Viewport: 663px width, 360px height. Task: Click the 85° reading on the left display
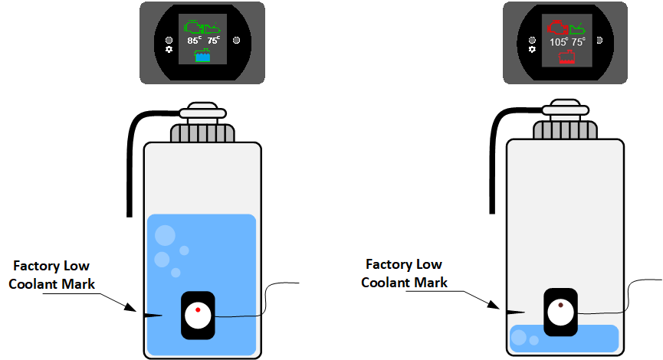coord(193,41)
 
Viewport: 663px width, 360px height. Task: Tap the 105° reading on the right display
coord(558,42)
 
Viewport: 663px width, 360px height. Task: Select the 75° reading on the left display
coord(213,41)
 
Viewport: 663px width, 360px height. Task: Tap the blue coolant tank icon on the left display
coord(203,55)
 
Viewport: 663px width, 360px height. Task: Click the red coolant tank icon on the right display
coord(567,56)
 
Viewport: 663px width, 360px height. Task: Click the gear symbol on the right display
coord(532,49)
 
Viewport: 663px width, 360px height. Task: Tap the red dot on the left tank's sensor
coord(198,309)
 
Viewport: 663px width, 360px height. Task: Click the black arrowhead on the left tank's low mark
coord(149,313)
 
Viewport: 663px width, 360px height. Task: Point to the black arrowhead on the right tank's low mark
coord(513,311)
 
